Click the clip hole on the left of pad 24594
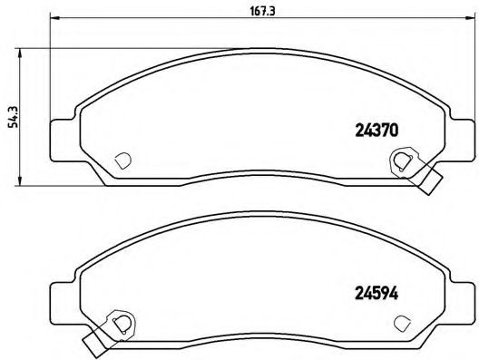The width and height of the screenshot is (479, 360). [116, 321]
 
